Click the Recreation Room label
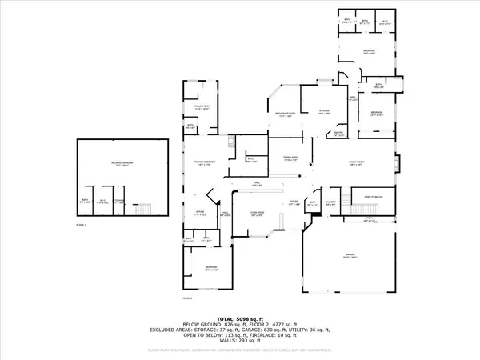tap(122, 163)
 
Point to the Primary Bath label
tap(200, 107)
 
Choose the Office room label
tap(201, 213)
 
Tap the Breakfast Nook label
tap(284, 116)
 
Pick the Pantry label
tap(338, 134)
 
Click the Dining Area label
tap(292, 159)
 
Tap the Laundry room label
tap(330, 203)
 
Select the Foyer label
tap(294, 203)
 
